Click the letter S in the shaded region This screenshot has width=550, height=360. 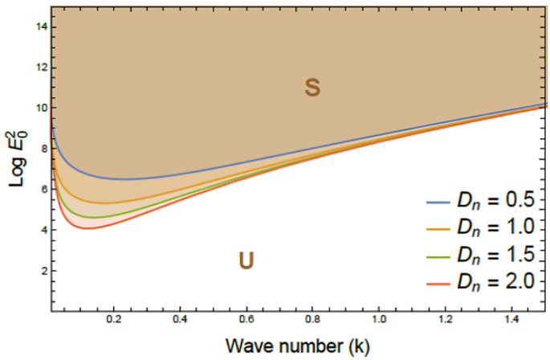coord(312,88)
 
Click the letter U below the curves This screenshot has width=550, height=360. coord(246,260)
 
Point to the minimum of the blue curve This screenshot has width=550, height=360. coord(127,179)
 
